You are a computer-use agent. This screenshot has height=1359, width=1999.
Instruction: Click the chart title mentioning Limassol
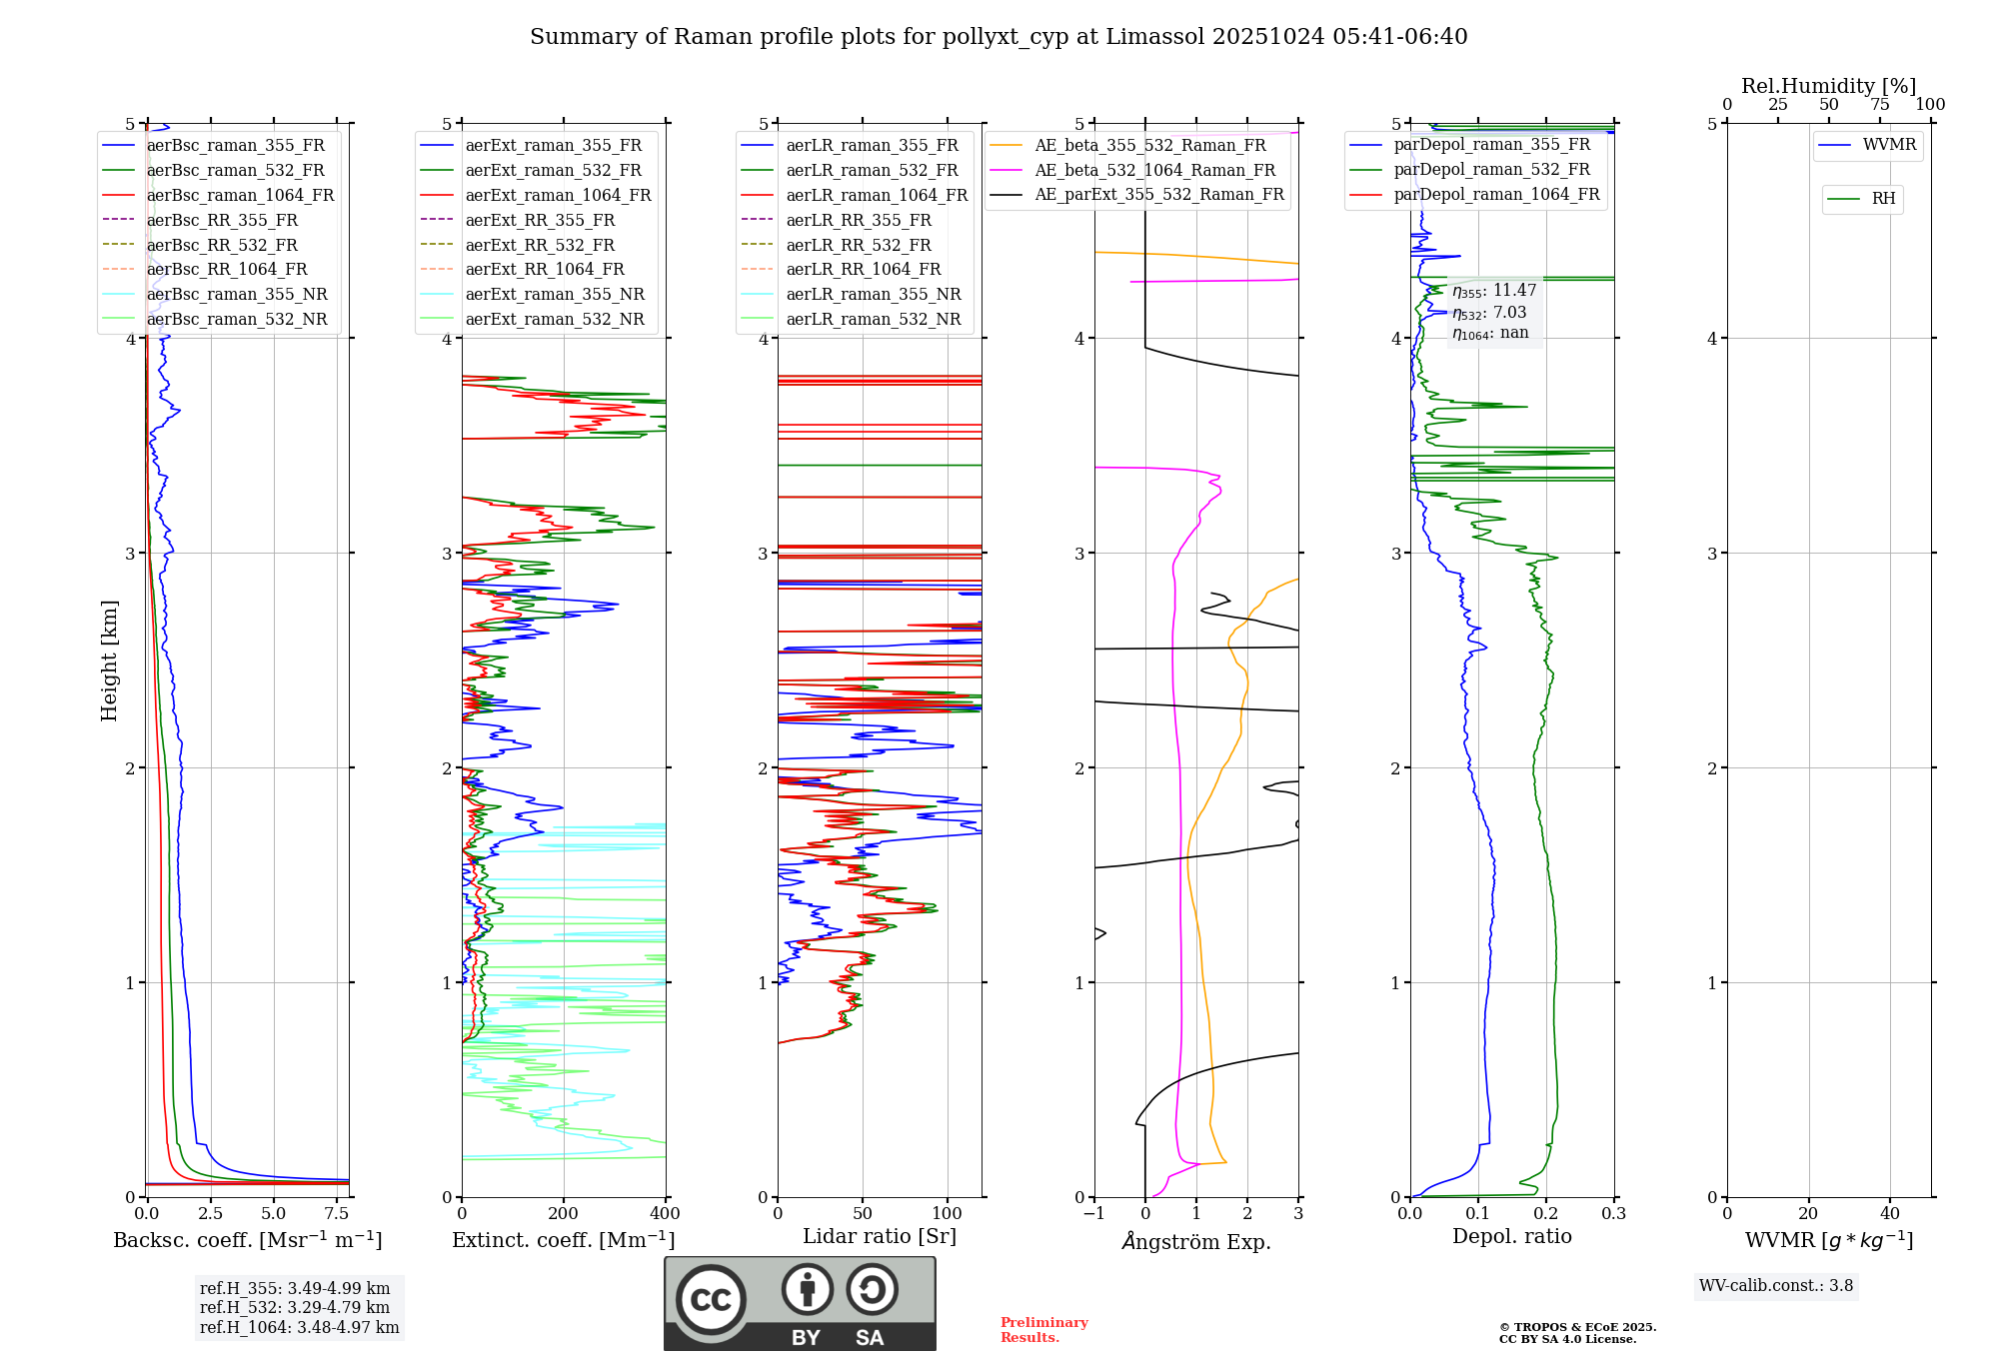(999, 37)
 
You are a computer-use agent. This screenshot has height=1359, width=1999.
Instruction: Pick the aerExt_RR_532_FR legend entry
(540, 245)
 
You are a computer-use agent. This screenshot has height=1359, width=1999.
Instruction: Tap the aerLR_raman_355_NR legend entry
(873, 294)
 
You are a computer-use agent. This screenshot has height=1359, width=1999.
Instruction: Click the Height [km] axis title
(110, 661)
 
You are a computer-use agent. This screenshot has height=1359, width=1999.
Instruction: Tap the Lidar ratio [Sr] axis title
(880, 1236)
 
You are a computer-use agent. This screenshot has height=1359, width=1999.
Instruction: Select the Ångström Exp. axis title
(1196, 1242)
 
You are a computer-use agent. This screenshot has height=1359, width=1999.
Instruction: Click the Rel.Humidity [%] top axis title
(1828, 86)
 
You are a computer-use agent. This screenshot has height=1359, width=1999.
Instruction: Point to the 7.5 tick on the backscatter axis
(337, 1214)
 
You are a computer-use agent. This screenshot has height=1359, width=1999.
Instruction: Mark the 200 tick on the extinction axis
(564, 1214)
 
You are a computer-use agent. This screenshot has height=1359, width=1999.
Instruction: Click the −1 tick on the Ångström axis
(1094, 1214)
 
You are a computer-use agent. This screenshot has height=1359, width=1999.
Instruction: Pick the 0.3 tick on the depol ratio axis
(1613, 1214)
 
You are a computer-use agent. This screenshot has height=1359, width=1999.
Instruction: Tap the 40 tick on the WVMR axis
(1889, 1214)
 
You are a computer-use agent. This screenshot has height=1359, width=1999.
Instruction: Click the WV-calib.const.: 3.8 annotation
(1776, 1286)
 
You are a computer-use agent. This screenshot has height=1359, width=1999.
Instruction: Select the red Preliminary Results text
(1043, 1330)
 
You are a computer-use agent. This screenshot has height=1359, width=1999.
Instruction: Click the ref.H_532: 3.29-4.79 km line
(295, 1307)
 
